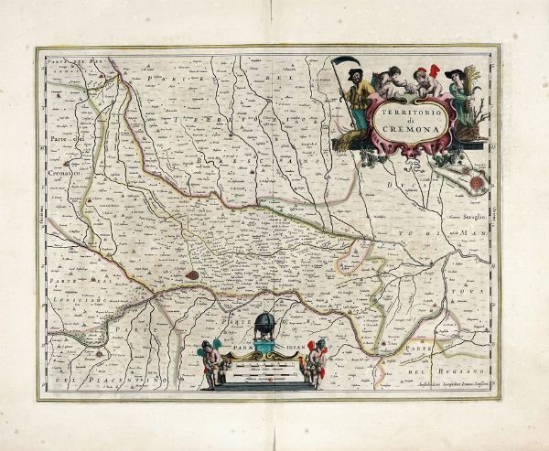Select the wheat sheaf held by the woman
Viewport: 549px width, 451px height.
tap(474, 79)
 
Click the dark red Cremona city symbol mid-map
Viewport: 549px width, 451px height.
tap(190, 273)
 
